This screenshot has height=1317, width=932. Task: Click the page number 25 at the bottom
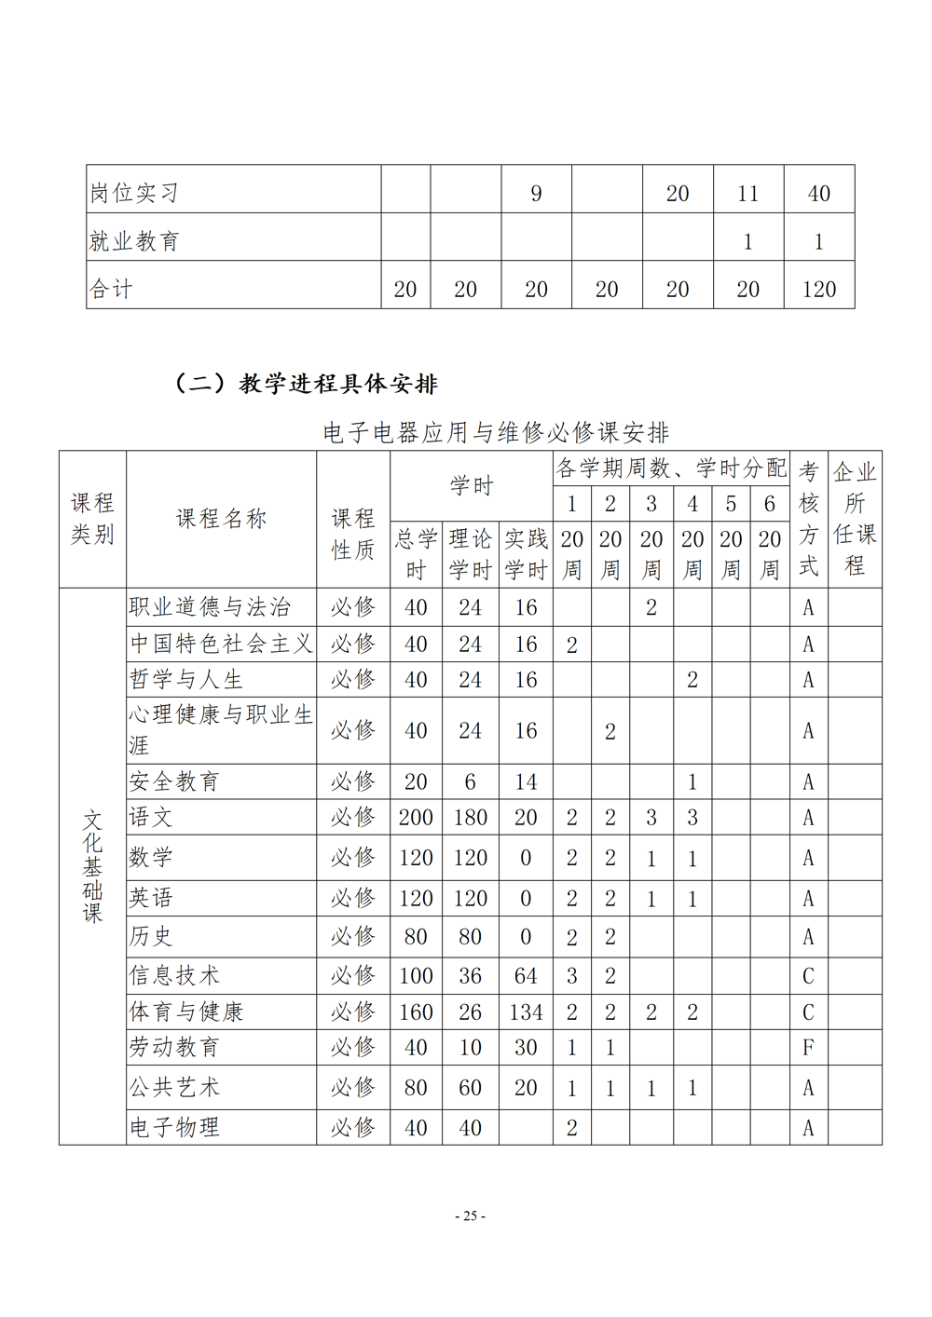pos(470,1215)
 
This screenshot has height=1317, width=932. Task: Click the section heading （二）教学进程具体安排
pos(307,384)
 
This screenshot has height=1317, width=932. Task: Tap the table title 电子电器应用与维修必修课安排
pos(496,432)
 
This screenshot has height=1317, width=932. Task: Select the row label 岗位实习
pos(134,193)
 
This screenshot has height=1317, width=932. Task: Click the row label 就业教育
pos(134,241)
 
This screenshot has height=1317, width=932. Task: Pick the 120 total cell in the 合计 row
pos(818,289)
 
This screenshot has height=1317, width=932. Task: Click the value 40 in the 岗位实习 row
pos(818,193)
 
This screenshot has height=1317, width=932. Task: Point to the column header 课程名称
pos(221,519)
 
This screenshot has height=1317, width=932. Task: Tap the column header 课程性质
pos(352,534)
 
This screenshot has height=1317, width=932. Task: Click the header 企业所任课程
pos(855,518)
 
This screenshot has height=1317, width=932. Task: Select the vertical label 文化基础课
pos(92,866)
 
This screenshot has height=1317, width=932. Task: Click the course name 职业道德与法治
pos(210,607)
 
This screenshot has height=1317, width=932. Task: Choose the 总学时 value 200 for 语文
pos(416,818)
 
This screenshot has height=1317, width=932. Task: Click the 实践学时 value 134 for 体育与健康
pos(526,1012)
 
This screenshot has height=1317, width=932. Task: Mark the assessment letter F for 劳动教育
pos(808,1048)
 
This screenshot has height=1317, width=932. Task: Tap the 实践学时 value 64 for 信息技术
pos(526,976)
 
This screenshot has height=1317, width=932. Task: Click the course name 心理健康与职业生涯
pos(220,730)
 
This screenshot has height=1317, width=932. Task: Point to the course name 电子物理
pos(174,1127)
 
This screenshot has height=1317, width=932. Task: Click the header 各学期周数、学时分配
pos(671,468)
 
